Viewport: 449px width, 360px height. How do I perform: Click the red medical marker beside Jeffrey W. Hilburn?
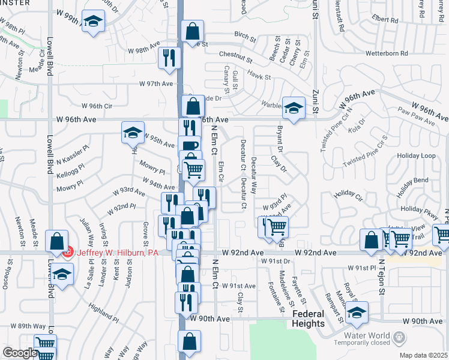pos(68,253)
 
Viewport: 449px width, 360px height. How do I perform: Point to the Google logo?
pos(19,353)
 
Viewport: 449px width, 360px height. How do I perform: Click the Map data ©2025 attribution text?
pos(423,355)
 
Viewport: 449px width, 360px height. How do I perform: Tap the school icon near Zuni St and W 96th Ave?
pos(292,109)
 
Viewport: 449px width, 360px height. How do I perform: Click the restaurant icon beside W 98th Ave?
pos(168,57)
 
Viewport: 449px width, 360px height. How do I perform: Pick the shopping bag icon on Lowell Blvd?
pos(56,241)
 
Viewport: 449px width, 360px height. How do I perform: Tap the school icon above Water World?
pos(357,313)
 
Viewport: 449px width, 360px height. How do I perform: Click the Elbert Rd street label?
pos(385,19)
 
